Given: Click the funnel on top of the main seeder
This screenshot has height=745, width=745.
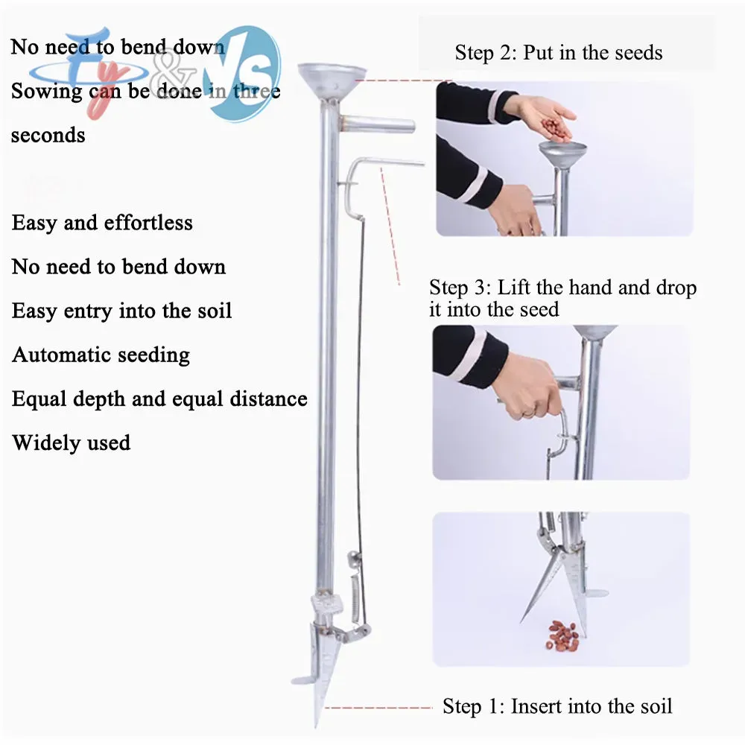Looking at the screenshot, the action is [x=332, y=80].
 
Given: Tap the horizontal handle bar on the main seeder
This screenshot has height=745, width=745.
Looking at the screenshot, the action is [x=377, y=125].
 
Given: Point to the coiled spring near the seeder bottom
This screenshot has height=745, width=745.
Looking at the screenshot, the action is [x=353, y=598].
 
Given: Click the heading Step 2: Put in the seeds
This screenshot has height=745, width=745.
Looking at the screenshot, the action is [x=558, y=53].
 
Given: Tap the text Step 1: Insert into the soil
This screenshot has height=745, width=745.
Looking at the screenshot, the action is [x=557, y=706].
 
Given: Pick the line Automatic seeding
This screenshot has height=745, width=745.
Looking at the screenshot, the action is [x=101, y=355].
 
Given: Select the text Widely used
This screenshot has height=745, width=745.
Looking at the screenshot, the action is [x=72, y=443].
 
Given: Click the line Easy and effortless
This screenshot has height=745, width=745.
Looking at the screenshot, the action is [x=102, y=223].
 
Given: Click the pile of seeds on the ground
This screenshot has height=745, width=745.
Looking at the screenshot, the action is [x=563, y=635].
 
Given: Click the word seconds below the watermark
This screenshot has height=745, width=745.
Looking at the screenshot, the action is [x=48, y=136].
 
